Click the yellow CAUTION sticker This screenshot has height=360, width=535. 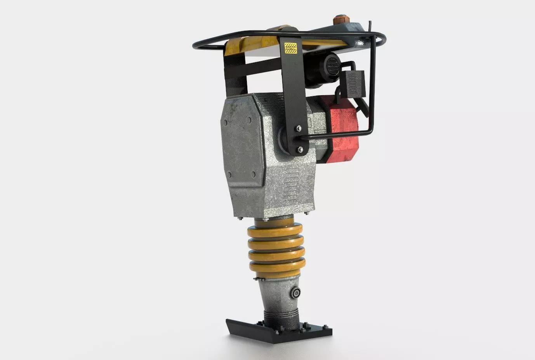click(290, 48)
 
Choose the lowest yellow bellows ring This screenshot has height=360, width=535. click(275, 268)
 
